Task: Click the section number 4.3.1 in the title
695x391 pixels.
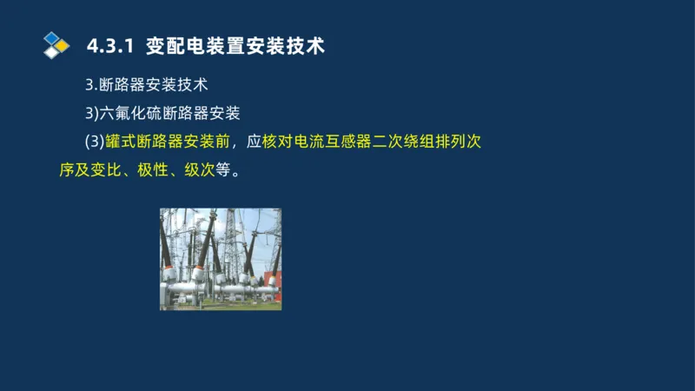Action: click(x=110, y=46)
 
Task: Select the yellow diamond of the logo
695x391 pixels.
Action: click(x=63, y=44)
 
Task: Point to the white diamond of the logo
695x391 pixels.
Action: click(x=52, y=51)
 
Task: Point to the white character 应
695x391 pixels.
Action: click(x=254, y=140)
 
